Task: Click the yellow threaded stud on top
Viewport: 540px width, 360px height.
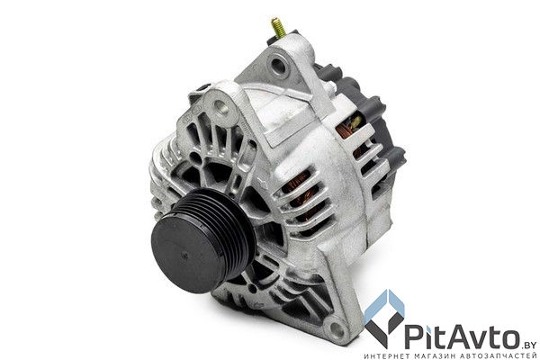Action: pyautogui.click(x=278, y=27)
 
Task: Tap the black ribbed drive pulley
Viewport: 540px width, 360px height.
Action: pyautogui.click(x=203, y=241)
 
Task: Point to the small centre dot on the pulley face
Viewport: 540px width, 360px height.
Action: pyautogui.click(x=185, y=256)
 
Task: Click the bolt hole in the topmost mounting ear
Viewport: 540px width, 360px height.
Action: pyautogui.click(x=276, y=65)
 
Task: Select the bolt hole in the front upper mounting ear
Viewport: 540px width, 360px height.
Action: pyautogui.click(x=220, y=107)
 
